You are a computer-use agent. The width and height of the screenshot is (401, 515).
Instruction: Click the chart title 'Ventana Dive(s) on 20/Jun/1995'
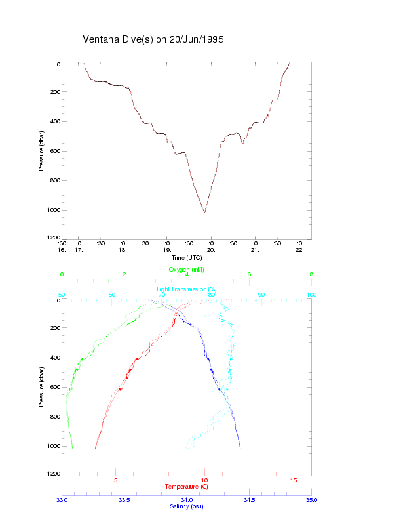click(x=153, y=39)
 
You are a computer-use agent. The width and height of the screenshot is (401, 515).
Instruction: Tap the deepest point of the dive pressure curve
click(x=204, y=213)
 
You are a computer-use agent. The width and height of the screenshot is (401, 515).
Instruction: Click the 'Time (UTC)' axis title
click(x=186, y=258)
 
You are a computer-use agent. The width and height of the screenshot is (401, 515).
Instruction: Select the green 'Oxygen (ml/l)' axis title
click(x=187, y=270)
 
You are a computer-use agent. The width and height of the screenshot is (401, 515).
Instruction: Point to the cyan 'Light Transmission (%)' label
click(x=187, y=289)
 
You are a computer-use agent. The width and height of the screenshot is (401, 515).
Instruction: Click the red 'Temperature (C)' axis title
click(x=187, y=486)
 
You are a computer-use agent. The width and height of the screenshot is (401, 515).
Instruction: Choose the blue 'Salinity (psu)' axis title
click(x=186, y=506)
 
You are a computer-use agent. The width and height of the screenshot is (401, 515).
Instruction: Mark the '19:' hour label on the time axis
click(x=167, y=249)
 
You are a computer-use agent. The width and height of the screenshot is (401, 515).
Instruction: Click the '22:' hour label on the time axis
click(x=299, y=249)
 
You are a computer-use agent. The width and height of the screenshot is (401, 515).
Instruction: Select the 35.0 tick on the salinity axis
click(x=311, y=499)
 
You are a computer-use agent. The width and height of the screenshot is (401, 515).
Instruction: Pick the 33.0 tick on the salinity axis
click(x=62, y=499)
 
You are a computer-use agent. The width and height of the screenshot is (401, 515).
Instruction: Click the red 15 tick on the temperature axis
click(x=294, y=481)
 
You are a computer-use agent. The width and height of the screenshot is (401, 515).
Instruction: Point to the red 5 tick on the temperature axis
click(x=116, y=481)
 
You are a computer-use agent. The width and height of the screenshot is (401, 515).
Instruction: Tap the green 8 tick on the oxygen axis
click(x=311, y=275)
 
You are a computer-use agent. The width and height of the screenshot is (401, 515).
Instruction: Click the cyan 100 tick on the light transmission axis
click(x=311, y=295)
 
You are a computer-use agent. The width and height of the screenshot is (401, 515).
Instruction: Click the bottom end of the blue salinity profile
click(x=240, y=449)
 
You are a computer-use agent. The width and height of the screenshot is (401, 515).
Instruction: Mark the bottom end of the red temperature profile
click(x=96, y=449)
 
